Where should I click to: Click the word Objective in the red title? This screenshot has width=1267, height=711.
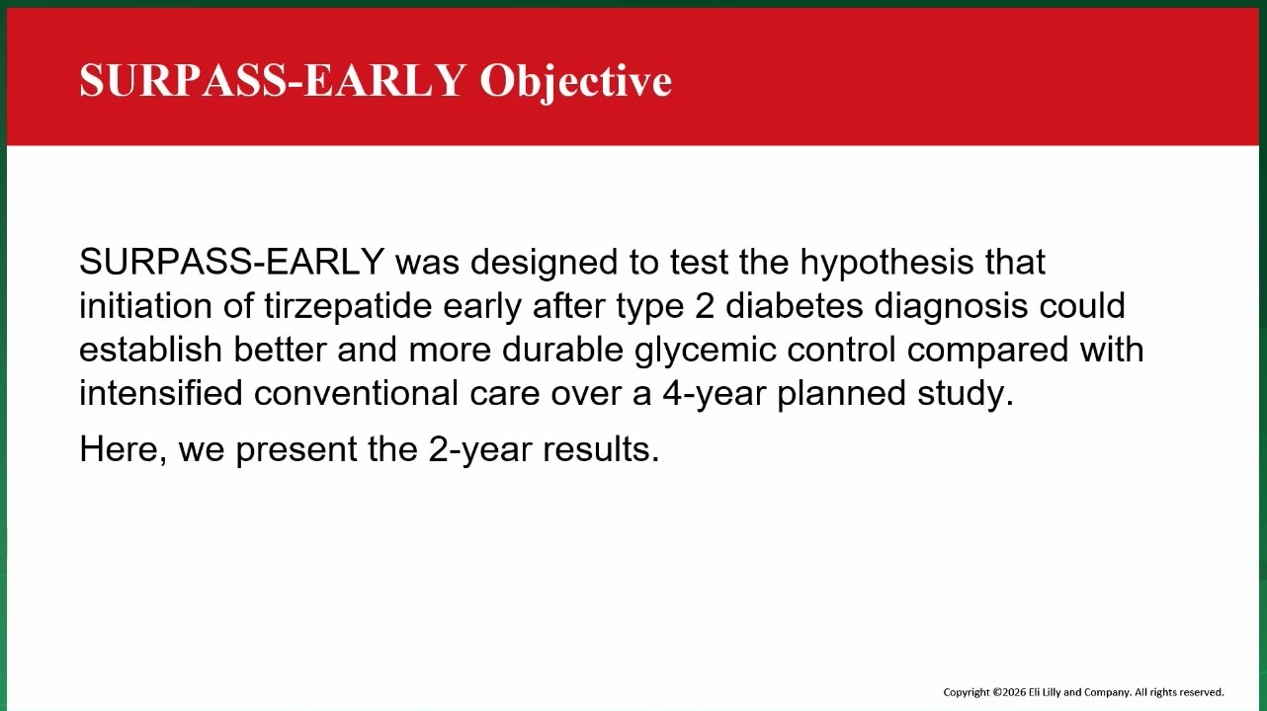576,81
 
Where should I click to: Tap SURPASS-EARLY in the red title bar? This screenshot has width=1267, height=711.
273,80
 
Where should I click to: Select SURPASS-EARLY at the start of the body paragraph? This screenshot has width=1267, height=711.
232,261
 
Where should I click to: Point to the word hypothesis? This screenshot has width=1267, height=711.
887,263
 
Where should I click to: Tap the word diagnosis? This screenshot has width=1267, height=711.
951,307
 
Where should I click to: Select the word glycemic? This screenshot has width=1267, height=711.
705,351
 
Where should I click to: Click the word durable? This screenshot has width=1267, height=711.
562,350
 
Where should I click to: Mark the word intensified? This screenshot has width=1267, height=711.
161,393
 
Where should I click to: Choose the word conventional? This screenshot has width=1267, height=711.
356,393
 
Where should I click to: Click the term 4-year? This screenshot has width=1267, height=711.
714,394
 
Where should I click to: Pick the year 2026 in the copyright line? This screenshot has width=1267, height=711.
1014,692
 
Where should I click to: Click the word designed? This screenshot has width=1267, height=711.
544,263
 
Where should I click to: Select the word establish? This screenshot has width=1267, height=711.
150,350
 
